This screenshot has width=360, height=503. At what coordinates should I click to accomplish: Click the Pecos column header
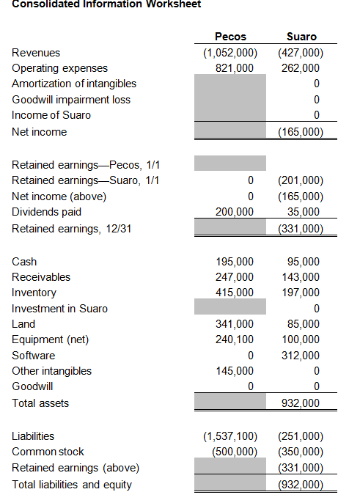[x=230, y=37]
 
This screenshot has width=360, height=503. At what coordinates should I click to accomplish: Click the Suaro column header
[x=301, y=37]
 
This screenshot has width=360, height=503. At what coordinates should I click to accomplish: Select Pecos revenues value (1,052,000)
[x=230, y=53]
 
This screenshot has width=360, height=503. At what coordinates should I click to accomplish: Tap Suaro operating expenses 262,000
[x=301, y=68]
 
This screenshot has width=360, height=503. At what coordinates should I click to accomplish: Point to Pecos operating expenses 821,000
[x=234, y=68]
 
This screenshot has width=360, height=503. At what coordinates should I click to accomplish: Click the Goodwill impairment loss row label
[x=71, y=100]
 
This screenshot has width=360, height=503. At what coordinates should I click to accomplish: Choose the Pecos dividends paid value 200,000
[x=234, y=212]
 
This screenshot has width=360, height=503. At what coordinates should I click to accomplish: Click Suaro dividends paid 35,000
[x=304, y=212]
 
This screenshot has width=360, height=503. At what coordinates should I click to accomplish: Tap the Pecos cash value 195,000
[x=234, y=262]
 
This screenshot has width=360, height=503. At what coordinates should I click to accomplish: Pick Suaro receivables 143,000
[x=301, y=277]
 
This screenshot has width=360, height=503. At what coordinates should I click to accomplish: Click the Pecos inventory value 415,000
[x=234, y=293]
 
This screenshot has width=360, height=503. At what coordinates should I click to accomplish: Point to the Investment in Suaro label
[x=59, y=309]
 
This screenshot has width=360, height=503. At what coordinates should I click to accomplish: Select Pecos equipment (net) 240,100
[x=234, y=339]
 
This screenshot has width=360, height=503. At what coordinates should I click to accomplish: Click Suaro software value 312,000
[x=301, y=356]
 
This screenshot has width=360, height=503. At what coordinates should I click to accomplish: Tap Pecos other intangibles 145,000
[x=234, y=371]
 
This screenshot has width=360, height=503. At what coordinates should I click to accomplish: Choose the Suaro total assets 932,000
[x=301, y=403]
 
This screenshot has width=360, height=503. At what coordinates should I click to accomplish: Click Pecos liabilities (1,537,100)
[x=230, y=436]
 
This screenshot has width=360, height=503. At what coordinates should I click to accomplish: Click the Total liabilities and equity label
[x=72, y=485]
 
